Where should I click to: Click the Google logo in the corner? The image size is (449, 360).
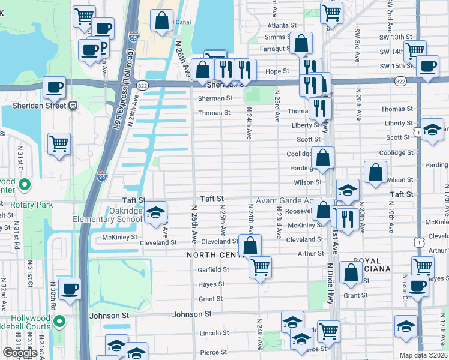pos(20,353)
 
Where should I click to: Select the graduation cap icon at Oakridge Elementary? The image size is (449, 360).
pos(155,213)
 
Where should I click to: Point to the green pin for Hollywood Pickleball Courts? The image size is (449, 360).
pos(59,322)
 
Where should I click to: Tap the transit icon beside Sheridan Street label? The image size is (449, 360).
pos(73,106)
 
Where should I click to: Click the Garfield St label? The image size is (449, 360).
pos(210,270)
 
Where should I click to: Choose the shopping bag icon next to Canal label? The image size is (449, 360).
pos(162,20)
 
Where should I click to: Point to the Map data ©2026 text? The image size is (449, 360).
pos(423,355)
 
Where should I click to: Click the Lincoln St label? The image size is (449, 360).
pos(210,333)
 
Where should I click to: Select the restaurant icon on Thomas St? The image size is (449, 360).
pos(321,108)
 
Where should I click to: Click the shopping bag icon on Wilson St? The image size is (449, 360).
pos(376,172)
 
